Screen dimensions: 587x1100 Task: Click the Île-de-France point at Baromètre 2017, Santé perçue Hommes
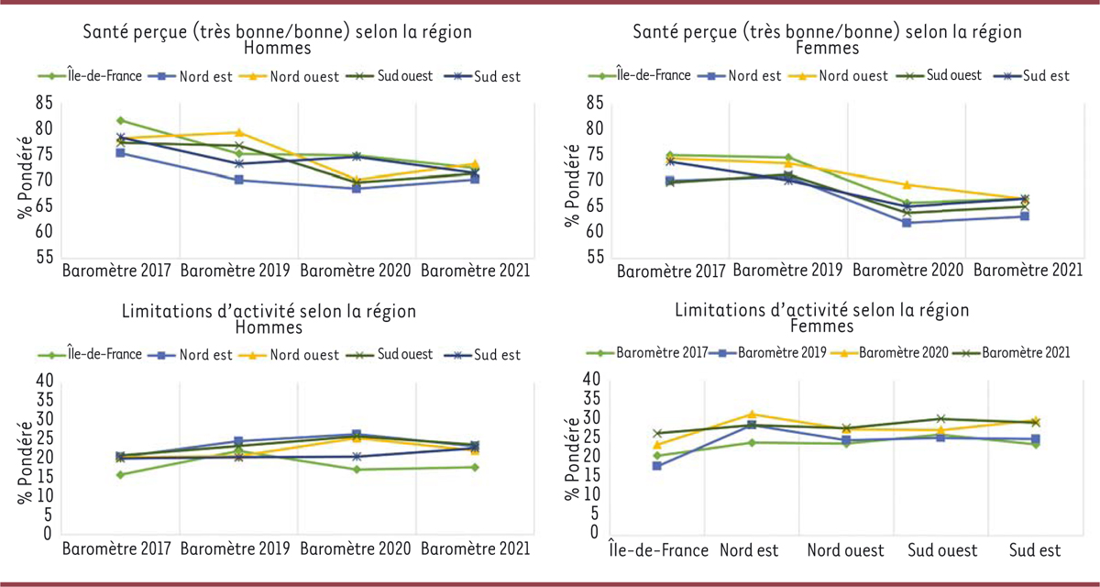tap(120, 120)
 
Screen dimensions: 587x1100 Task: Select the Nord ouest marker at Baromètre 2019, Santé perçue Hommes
tap(238, 133)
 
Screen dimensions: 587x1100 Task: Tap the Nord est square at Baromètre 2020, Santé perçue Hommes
tap(357, 188)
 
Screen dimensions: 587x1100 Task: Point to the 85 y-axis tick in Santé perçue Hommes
tap(44, 103)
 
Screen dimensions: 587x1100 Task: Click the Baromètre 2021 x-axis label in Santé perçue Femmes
tap(1028, 271)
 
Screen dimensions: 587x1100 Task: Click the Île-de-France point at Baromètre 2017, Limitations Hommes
tap(120, 474)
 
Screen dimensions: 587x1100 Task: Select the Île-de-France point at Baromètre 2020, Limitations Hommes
tap(357, 470)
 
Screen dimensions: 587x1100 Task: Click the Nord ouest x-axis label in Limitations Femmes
tap(845, 551)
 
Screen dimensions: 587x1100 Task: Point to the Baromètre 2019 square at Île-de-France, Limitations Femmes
tap(657, 466)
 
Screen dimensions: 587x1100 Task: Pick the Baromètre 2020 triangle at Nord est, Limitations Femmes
tap(752, 415)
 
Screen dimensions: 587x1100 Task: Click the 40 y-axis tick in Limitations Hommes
tap(44, 381)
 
